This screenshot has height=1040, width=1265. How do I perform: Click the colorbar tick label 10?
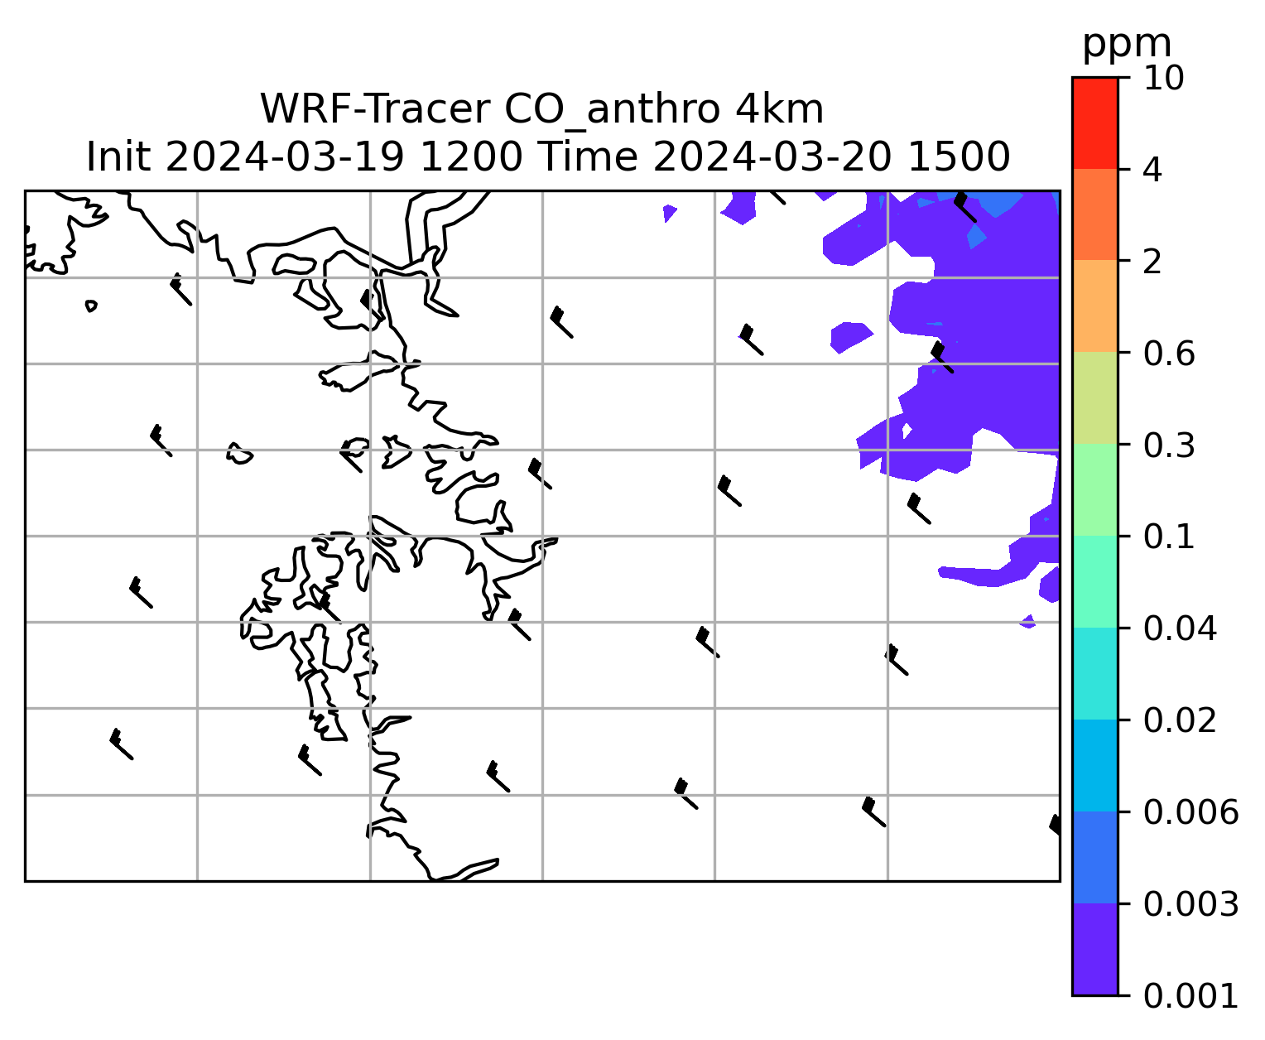(x=1163, y=78)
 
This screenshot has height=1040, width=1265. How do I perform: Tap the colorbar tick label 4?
(x=1152, y=170)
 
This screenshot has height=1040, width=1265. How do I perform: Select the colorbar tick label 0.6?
(x=1169, y=354)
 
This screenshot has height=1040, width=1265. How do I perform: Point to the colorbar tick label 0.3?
(x=1169, y=445)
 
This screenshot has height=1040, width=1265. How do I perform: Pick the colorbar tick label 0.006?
(x=1190, y=812)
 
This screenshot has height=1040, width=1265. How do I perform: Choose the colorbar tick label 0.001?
(x=1190, y=996)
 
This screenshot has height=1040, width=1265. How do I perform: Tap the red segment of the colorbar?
(x=1095, y=123)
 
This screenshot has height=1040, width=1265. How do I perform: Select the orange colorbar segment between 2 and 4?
(x=1095, y=214)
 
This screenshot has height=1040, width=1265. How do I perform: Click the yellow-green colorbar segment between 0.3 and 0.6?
(x=1095, y=397)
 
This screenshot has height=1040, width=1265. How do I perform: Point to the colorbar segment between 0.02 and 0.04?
(x=1095, y=673)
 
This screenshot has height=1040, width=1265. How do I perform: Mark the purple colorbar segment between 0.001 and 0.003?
(x=1095, y=949)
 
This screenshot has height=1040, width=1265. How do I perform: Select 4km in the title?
(x=779, y=109)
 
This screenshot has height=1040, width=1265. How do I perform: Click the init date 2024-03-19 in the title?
(x=285, y=157)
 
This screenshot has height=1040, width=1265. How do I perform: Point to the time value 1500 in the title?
(x=959, y=157)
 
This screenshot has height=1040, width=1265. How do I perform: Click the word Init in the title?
(x=118, y=157)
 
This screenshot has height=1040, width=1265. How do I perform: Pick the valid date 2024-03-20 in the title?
(x=772, y=157)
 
